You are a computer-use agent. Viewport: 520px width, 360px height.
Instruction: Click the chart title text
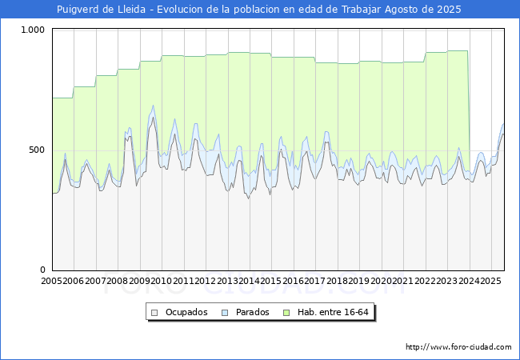pos(259,10)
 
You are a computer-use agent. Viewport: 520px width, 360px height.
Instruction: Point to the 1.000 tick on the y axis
pos(34,30)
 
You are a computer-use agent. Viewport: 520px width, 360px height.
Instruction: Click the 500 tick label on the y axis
pos(38,150)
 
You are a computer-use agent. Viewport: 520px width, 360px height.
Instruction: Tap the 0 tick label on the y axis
pos(44,270)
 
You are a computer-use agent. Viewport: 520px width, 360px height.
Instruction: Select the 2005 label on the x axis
pos(52,281)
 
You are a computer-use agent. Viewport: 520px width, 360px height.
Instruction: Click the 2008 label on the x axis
pos(118,281)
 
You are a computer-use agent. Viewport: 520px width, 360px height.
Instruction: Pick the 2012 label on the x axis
pos(206,281)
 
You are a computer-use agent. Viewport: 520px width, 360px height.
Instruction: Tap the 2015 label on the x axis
pos(271,281)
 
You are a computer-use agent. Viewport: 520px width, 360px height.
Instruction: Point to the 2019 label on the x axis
pos(359,281)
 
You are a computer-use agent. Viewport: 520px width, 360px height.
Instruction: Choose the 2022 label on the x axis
pos(425,281)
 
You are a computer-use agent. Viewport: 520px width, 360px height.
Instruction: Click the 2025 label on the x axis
pos(490,281)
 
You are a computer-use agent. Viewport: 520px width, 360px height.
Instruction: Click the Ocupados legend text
pos(186,312)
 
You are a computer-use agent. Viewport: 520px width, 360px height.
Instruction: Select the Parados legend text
pos(251,312)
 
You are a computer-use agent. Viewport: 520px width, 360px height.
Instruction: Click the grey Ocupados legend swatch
pos(156,312)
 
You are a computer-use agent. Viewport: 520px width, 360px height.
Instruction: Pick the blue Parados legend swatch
pos(225,312)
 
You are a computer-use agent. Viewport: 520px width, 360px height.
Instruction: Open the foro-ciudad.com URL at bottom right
pos(458,347)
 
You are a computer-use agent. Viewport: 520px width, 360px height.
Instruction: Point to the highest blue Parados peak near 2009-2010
pos(153,105)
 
